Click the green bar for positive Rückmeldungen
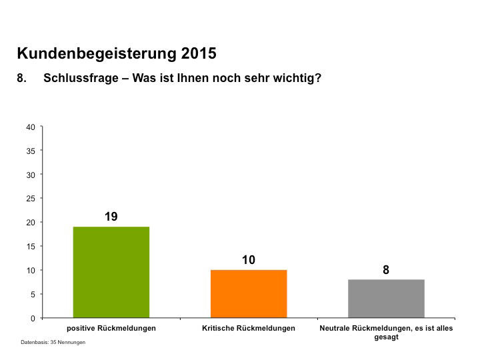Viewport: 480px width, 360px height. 111,272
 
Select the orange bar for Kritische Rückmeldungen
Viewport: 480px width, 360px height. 249,293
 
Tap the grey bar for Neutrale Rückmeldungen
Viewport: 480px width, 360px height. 386,298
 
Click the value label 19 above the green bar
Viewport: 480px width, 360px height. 111,217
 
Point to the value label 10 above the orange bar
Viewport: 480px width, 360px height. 249,260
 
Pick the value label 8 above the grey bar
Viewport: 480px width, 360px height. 386,270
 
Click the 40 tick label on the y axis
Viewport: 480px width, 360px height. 31,127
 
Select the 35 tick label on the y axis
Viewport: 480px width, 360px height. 31,151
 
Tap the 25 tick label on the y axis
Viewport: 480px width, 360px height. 31,199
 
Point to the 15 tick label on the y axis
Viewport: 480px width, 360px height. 31,246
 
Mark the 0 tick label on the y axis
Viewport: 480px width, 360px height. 33,318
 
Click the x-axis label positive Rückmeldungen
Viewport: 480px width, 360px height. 111,329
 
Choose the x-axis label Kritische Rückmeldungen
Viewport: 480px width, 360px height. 249,329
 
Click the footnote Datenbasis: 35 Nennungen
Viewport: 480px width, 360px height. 53,342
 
